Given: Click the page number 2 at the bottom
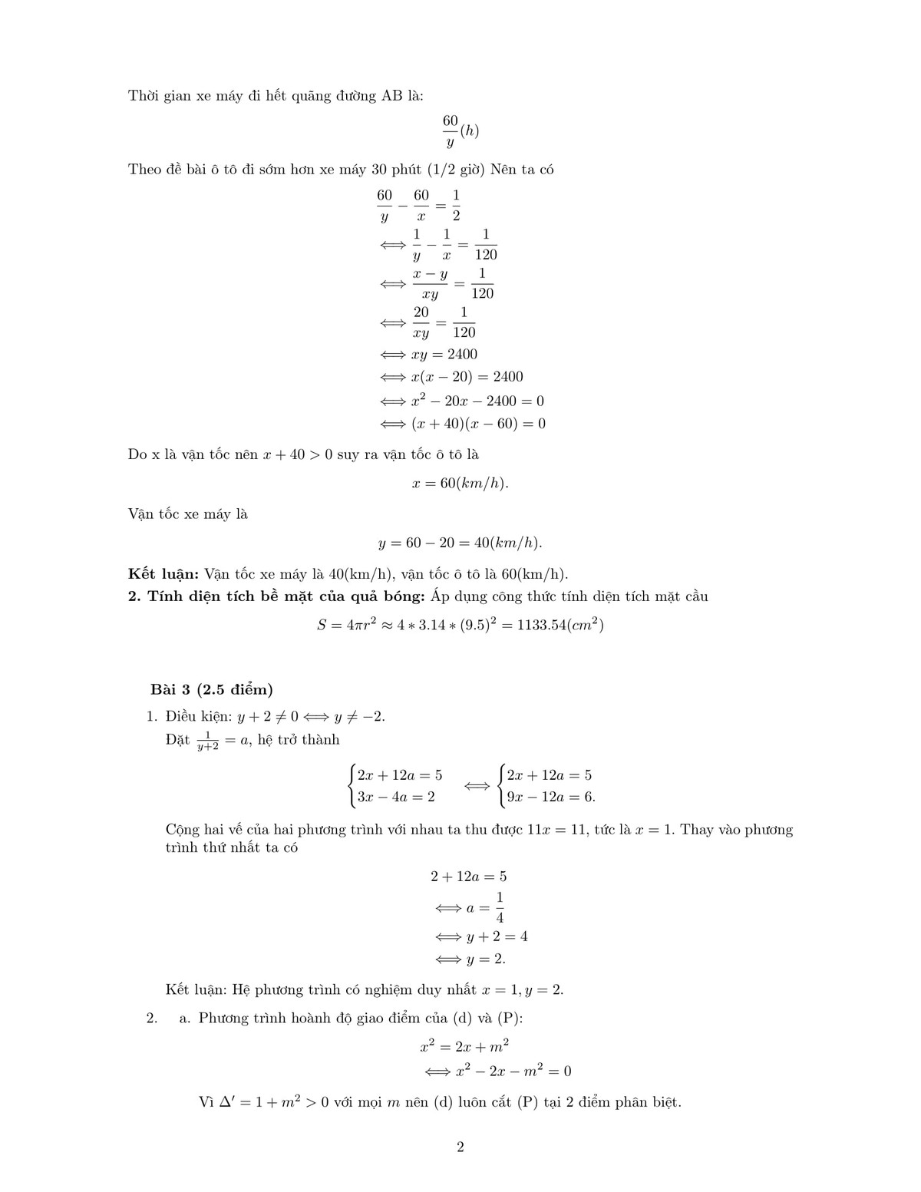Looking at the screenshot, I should click(x=460, y=1147).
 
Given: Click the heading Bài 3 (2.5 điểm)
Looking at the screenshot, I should click(x=211, y=688).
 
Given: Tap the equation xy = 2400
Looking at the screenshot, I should click(x=444, y=354).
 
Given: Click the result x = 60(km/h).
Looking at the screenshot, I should click(x=460, y=484).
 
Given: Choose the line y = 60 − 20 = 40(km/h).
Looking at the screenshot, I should click(x=460, y=543).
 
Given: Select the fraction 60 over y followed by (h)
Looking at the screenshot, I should click(x=460, y=131).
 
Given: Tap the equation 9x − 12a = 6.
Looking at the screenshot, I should click(x=551, y=797).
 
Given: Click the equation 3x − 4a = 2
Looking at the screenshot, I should click(x=396, y=797).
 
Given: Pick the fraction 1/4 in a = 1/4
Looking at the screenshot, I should click(x=500, y=908).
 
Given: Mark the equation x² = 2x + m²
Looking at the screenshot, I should click(x=464, y=1045).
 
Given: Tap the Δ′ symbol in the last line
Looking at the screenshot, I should click(x=227, y=1102).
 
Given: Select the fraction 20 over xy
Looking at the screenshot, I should click(x=421, y=322).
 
